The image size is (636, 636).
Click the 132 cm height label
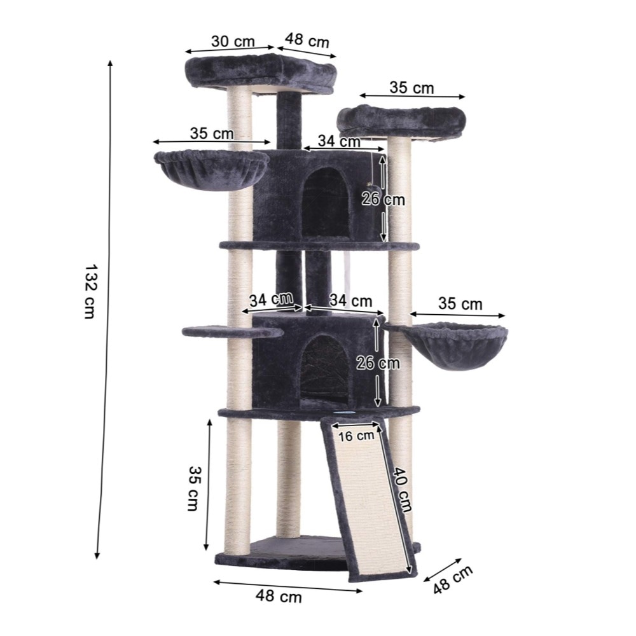[x=90, y=292]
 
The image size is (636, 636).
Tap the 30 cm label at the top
[x=233, y=41]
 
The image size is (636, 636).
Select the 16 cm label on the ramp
[x=356, y=436]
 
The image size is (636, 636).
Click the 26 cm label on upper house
[x=384, y=199]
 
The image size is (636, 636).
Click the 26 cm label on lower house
[x=378, y=363]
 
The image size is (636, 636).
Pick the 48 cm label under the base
[x=279, y=597]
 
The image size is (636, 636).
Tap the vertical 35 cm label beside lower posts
[x=194, y=488]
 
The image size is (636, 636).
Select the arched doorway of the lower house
[x=324, y=370]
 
